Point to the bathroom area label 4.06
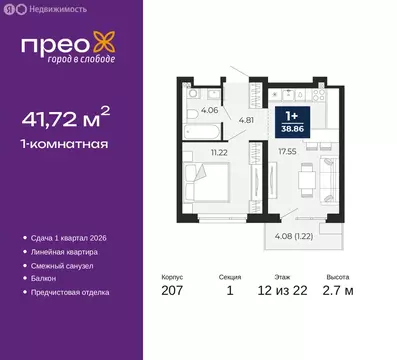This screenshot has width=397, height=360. coord(209,111)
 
